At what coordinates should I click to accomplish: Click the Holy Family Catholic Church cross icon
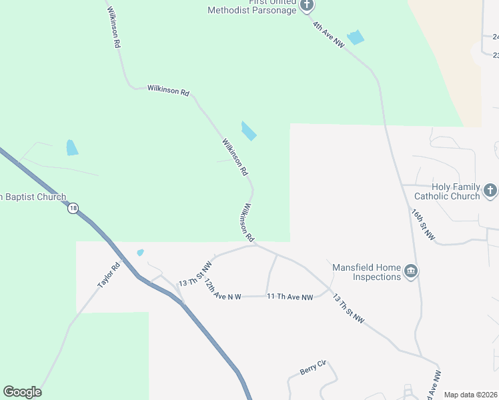point(490,191)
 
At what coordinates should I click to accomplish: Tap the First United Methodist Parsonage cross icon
point(307,6)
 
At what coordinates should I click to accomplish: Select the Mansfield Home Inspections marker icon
point(411,271)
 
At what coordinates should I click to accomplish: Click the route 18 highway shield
point(73,208)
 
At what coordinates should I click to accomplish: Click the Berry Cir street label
point(312,367)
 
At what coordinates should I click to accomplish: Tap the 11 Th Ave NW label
point(290,297)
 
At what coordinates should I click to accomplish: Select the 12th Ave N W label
point(222,290)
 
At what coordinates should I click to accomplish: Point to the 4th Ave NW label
point(329,35)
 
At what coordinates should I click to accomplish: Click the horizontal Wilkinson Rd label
point(168,89)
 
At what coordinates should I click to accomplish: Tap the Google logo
point(22,392)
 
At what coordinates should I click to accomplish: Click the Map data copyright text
point(471,395)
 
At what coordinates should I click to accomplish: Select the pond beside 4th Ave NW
point(356,37)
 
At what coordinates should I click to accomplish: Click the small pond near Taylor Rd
point(140,253)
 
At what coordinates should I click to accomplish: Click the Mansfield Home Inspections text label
point(367,272)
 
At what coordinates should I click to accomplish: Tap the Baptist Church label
point(33,197)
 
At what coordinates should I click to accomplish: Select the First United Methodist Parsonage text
point(252,7)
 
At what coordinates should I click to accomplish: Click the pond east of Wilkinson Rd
point(248,131)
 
